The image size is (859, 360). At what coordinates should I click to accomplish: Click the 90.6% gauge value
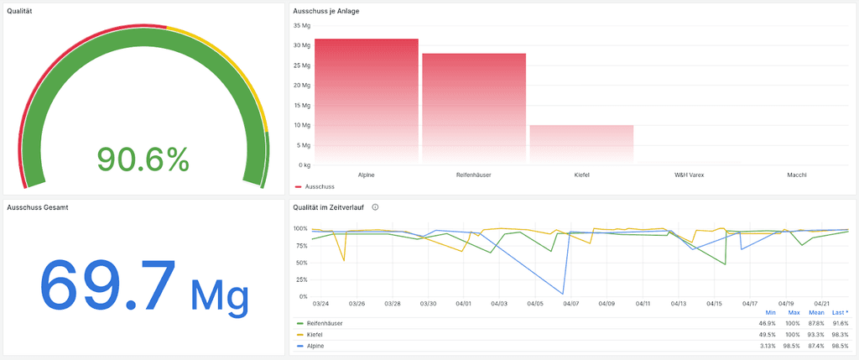143,159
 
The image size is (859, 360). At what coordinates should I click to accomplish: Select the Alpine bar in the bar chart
366,101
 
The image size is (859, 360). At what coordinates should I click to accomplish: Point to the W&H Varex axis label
689,175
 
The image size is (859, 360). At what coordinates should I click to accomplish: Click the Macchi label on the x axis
797,175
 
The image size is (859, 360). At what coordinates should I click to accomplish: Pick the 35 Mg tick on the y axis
301,25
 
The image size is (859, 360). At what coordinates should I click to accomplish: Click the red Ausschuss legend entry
316,185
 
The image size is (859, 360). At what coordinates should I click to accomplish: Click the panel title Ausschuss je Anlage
326,11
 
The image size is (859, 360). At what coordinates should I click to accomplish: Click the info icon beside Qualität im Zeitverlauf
375,206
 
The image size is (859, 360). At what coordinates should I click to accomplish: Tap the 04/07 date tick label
570,304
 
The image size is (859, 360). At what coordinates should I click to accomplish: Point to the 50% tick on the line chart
301,263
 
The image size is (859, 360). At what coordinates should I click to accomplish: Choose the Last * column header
840,312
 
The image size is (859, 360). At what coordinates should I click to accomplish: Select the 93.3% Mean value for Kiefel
816,334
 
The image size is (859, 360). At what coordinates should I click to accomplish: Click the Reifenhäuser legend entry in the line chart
325,323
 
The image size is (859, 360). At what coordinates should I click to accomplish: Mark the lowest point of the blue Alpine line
563,294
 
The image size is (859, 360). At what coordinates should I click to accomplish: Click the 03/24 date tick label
320,304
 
